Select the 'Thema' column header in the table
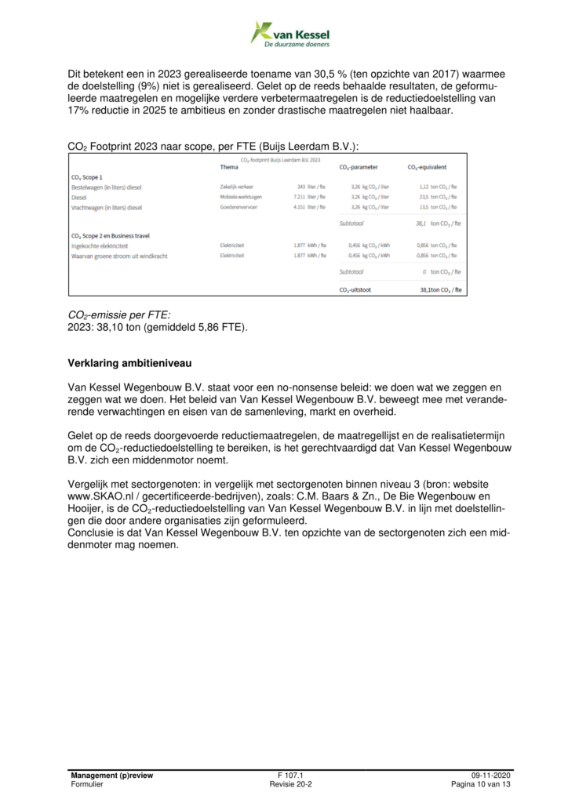229,167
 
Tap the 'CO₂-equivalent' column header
427,167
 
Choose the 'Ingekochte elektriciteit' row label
104,245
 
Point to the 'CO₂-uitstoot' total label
357,289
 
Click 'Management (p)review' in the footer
111,776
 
